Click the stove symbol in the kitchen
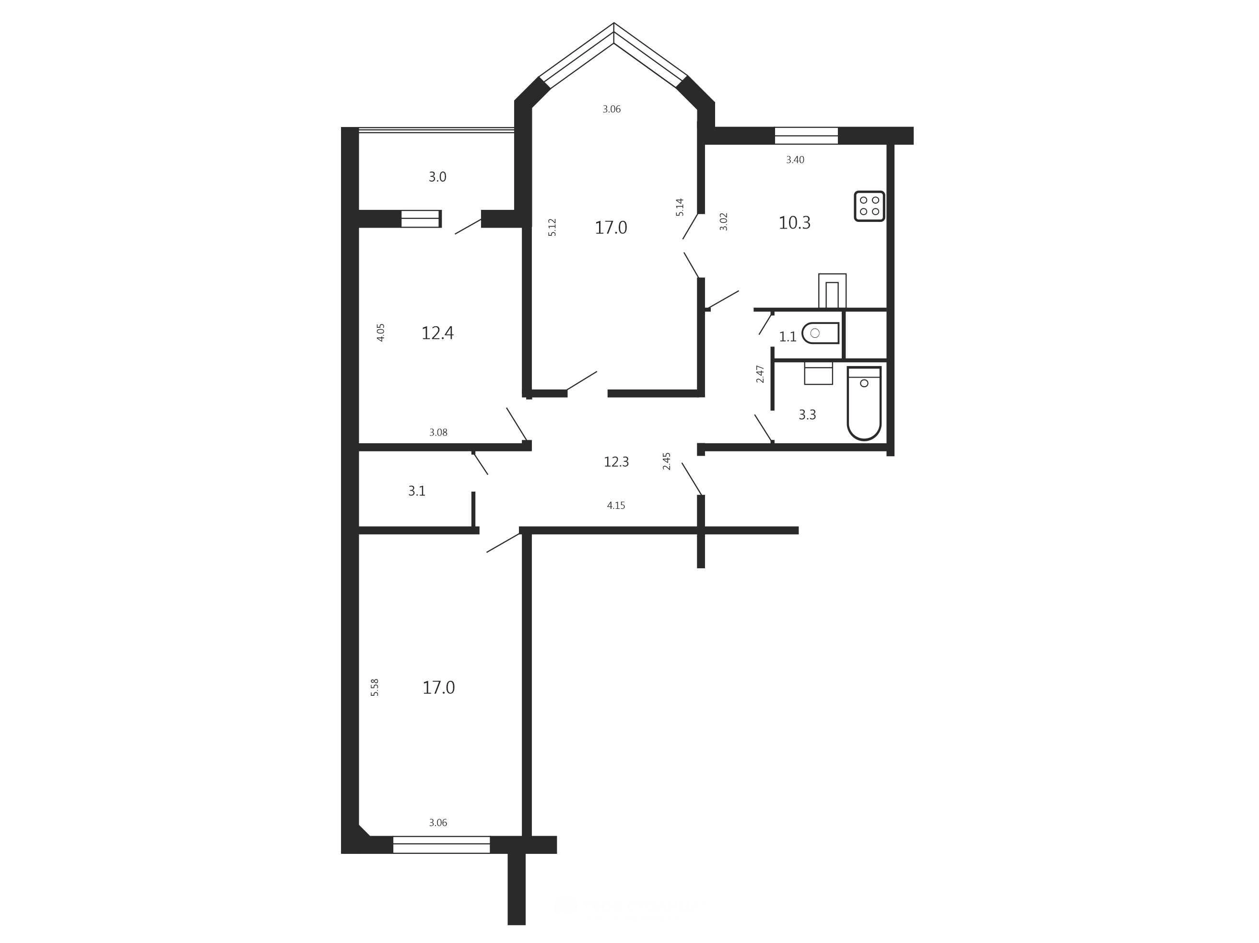869,206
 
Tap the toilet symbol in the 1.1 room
820,333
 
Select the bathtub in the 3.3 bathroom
864,403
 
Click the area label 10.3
795,223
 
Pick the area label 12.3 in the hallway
616,462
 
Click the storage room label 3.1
417,491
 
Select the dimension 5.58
375,688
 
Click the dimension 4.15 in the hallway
616,506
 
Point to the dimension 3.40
795,160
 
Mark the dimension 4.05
381,333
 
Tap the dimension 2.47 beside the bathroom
760,374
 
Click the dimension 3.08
438,432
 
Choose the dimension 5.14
680,207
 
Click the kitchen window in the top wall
807,135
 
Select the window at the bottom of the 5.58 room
442,845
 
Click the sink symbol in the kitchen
832,291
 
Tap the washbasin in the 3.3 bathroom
818,373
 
